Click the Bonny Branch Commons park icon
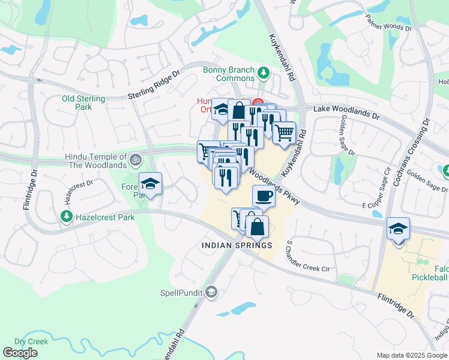(262, 73)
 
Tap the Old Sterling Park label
(83, 103)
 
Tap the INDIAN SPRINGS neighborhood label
(237, 245)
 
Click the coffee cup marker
(264, 195)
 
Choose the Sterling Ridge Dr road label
(154, 85)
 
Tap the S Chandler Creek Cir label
(309, 256)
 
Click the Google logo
(20, 353)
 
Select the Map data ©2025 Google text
(412, 355)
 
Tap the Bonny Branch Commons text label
(229, 74)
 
